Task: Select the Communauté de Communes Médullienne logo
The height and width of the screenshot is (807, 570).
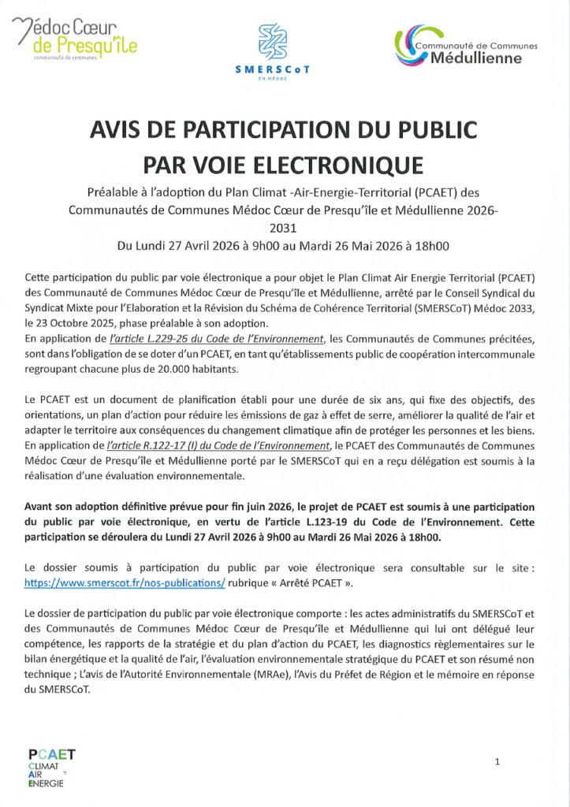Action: click(467, 46)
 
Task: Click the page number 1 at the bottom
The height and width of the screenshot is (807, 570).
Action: click(497, 762)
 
